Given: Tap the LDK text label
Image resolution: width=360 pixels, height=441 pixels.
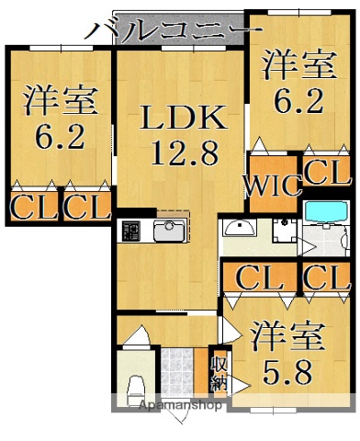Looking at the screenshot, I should pyautogui.click(x=181, y=119).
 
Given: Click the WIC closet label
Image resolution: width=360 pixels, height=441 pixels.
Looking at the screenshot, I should pyautogui.click(x=273, y=187).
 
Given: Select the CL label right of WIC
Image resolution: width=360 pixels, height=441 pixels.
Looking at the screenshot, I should pyautogui.click(x=328, y=171).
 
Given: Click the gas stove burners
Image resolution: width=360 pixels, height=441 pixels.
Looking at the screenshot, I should pyautogui.click(x=130, y=231).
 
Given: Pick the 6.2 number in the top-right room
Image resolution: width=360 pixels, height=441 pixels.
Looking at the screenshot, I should pyautogui.click(x=294, y=98).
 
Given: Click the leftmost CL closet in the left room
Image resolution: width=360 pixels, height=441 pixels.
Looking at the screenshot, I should pyautogui.click(x=30, y=206).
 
